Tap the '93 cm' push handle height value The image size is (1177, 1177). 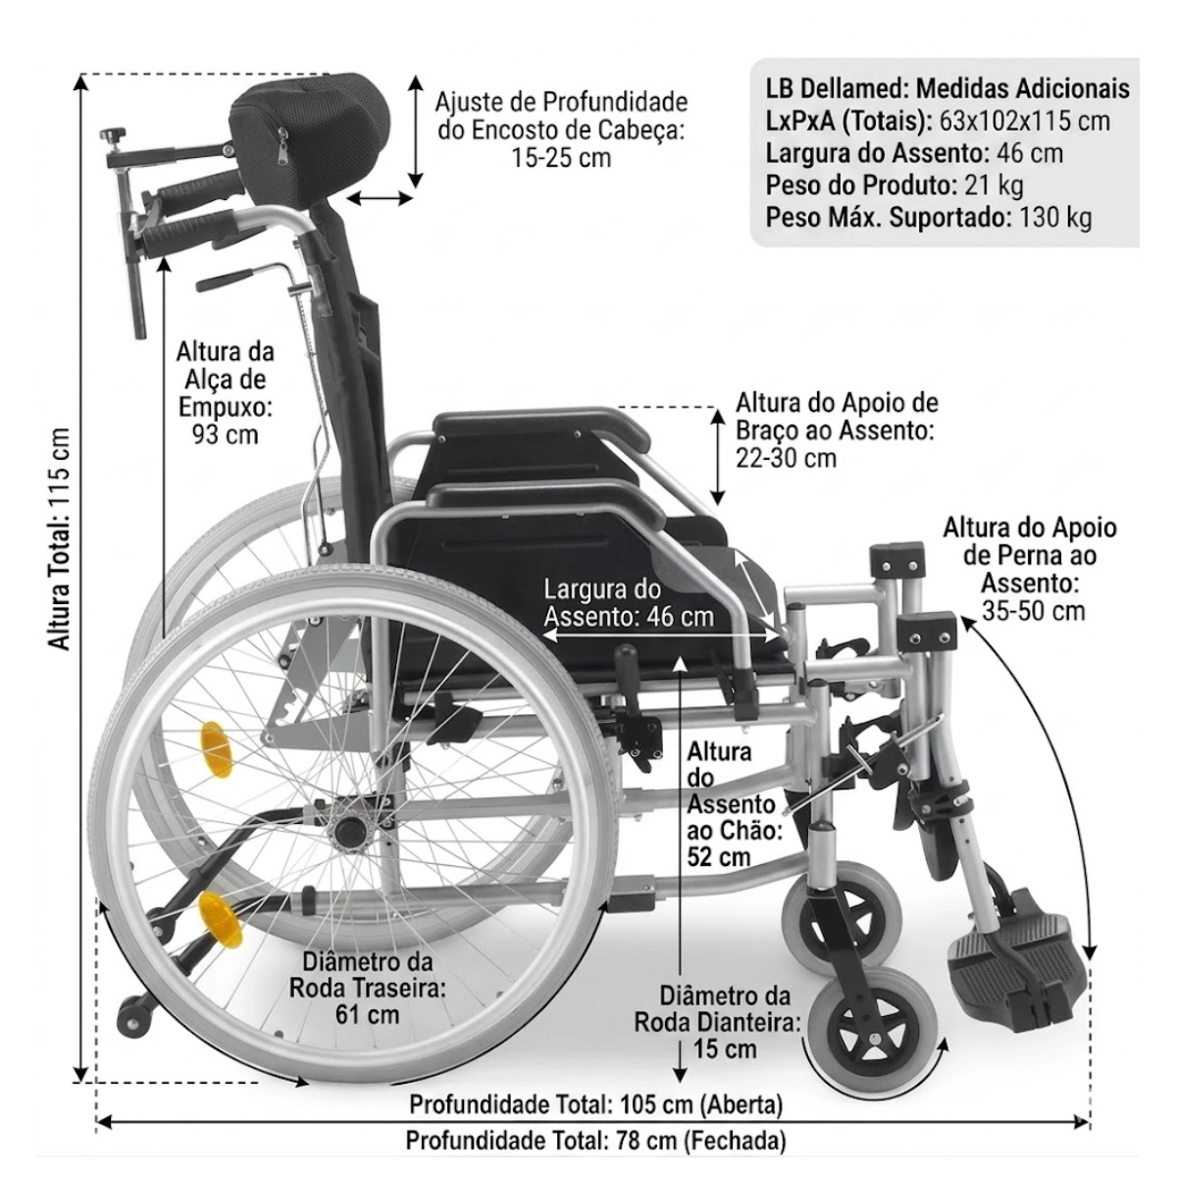click(226, 435)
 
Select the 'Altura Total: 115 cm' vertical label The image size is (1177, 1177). click(60, 538)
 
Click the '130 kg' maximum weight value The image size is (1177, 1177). click(1054, 218)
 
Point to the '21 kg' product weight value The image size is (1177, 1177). click(994, 185)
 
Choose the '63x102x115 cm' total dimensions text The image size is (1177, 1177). click(1024, 121)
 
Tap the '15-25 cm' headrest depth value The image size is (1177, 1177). click(561, 158)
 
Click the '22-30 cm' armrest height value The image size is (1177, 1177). click(786, 458)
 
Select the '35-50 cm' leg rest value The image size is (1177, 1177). click(1034, 611)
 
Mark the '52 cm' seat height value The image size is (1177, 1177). click(719, 857)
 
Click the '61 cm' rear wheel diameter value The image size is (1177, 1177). click(368, 1014)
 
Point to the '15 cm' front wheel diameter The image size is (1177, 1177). click(725, 1049)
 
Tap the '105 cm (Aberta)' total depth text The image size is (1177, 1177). click(701, 1104)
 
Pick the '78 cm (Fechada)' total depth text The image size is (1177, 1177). click(701, 1141)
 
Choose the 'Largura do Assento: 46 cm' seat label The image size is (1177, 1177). click(629, 603)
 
